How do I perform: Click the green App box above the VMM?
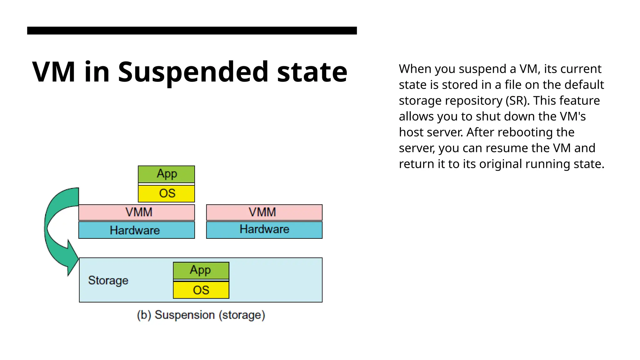[x=166, y=174]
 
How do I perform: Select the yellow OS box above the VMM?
[x=166, y=193]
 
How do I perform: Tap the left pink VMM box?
[x=137, y=212]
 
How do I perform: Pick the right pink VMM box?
[x=264, y=212]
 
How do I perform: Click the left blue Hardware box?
[x=137, y=230]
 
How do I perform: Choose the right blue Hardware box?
[x=264, y=230]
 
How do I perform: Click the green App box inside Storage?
[x=201, y=270]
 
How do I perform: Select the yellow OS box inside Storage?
[x=201, y=290]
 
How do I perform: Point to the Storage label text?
[x=108, y=280]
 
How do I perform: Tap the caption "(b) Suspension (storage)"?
[x=201, y=315]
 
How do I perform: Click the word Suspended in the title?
[x=193, y=72]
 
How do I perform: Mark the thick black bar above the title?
[x=192, y=30]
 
